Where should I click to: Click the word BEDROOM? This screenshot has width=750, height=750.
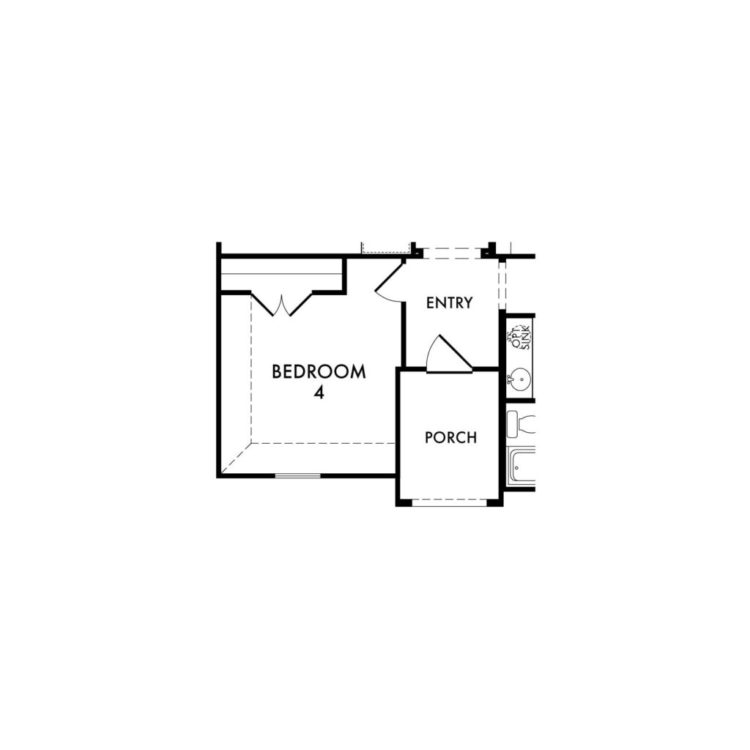tap(319, 371)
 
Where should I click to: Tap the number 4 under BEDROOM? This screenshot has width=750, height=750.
tap(319, 393)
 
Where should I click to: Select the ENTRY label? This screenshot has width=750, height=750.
tap(449, 302)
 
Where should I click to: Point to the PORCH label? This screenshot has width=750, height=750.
tap(450, 437)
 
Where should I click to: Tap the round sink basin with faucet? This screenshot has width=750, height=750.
tap(519, 379)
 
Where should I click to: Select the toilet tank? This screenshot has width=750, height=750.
tap(512, 424)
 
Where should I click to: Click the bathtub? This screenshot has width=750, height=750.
tap(521, 466)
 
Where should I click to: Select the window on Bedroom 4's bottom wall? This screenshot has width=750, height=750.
tap(297, 475)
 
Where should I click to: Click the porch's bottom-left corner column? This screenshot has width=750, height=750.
tap(404, 502)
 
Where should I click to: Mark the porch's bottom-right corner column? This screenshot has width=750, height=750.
tap(495, 502)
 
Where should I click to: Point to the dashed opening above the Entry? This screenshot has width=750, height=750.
tap(452, 253)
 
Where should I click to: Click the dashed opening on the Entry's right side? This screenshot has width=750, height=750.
tap(502, 286)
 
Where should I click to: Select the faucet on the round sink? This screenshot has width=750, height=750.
tap(510, 379)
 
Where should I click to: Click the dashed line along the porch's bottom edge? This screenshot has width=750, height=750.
tap(449, 500)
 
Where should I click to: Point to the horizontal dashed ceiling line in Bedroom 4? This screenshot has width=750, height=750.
tap(323, 443)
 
